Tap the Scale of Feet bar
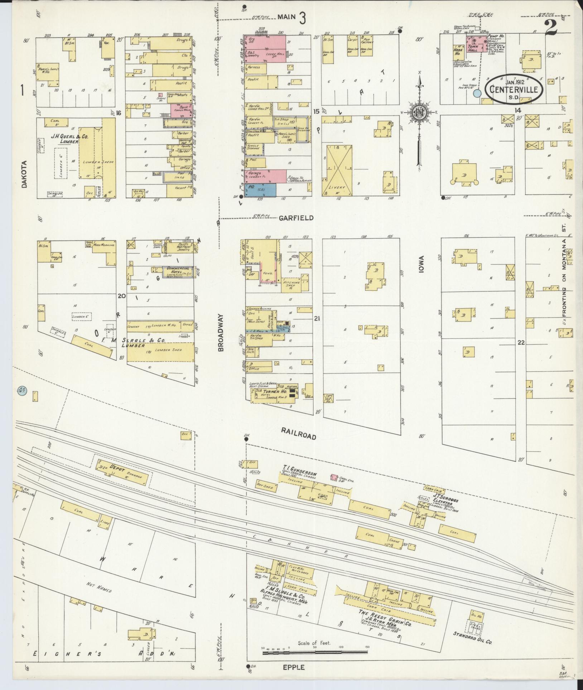click(315, 653)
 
